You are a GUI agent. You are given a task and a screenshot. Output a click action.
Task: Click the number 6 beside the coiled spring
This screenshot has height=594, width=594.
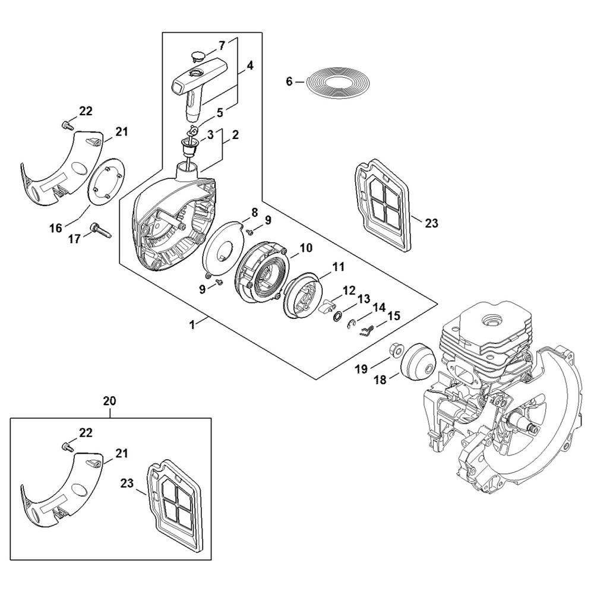click(x=289, y=81)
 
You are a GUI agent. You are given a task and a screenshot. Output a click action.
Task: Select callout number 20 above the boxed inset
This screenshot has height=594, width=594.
click(x=110, y=401)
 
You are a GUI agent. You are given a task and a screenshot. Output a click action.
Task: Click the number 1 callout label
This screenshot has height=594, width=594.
click(x=191, y=324)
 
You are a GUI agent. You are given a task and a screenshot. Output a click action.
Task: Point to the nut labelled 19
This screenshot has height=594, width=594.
click(x=394, y=350)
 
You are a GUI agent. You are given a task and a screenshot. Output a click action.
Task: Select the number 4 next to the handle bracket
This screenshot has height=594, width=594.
click(x=250, y=66)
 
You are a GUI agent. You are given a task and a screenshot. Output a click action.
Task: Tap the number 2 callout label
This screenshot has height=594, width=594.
click(x=236, y=135)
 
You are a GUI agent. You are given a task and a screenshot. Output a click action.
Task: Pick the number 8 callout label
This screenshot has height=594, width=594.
click(x=254, y=211)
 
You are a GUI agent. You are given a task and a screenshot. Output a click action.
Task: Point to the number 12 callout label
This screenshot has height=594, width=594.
click(x=349, y=290)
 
